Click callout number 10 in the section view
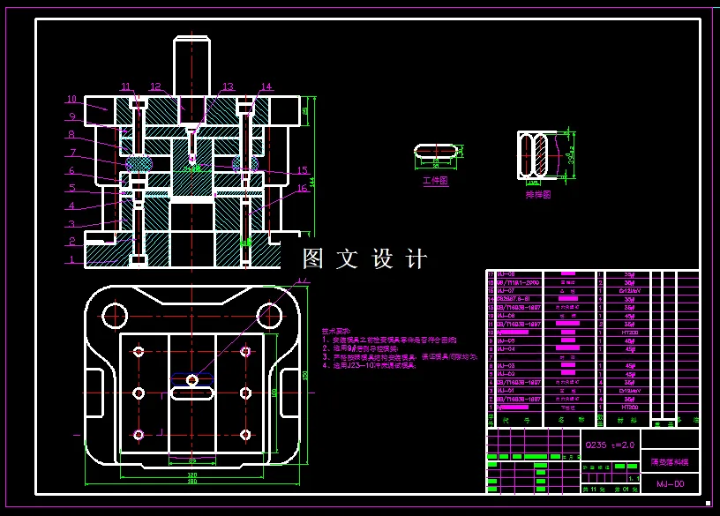point(71,99)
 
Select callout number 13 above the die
point(228,86)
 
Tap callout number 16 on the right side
point(302,188)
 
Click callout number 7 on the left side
point(71,153)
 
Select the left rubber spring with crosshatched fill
point(139,163)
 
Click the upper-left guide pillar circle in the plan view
point(114,314)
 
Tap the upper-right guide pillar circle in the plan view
point(268,314)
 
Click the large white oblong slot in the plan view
point(191,393)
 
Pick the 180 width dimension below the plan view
point(191,482)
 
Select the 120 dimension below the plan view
point(191,475)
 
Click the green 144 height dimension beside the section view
point(313,181)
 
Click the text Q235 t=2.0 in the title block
point(609,445)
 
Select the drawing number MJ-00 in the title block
point(670,484)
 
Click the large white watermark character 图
point(315,258)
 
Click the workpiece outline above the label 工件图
point(436,151)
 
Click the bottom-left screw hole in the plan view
point(139,434)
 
